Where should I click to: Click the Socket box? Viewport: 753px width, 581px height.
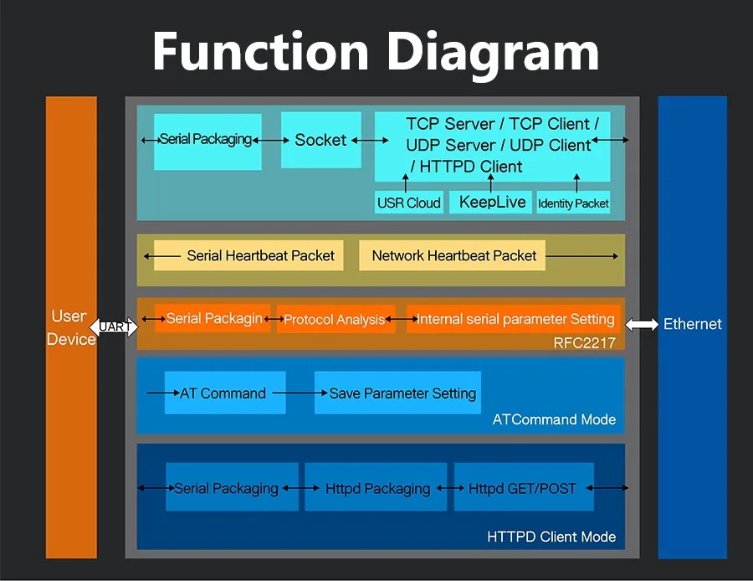click(320, 140)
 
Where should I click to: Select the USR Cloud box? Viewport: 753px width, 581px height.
click(409, 203)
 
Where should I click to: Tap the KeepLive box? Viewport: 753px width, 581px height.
click(492, 203)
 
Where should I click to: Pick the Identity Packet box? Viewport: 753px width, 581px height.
click(573, 203)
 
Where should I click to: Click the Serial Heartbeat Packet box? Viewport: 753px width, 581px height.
click(249, 255)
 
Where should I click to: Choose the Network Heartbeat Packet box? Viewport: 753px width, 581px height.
click(453, 255)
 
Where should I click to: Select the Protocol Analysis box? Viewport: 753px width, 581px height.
click(336, 319)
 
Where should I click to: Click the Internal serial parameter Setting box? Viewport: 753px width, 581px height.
click(515, 319)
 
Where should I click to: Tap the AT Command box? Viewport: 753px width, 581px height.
click(224, 393)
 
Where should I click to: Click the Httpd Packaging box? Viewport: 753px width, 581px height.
click(377, 488)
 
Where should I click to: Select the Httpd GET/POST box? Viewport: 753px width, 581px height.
click(523, 488)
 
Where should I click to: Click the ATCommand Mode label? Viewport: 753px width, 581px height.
click(554, 419)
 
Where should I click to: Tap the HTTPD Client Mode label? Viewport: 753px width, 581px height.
click(551, 537)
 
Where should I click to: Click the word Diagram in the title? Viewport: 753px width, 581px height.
click(492, 52)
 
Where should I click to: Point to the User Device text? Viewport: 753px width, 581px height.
click(70, 327)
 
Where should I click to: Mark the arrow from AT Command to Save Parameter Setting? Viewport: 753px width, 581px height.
click(294, 393)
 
